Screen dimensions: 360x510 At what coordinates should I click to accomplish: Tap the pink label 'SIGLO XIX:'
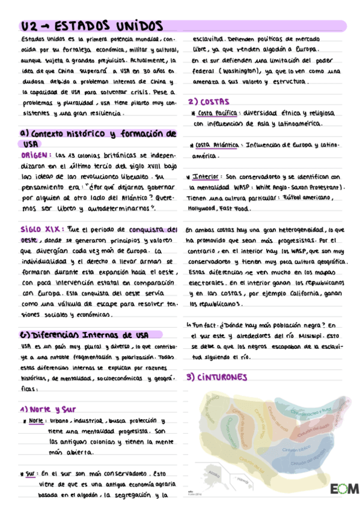click(38, 229)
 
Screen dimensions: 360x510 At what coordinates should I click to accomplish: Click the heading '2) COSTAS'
click(209, 102)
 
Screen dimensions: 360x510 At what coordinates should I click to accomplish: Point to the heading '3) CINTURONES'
click(217, 378)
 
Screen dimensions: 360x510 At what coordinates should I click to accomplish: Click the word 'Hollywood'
click(203, 209)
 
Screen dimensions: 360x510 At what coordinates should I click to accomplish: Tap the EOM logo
click(343, 488)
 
